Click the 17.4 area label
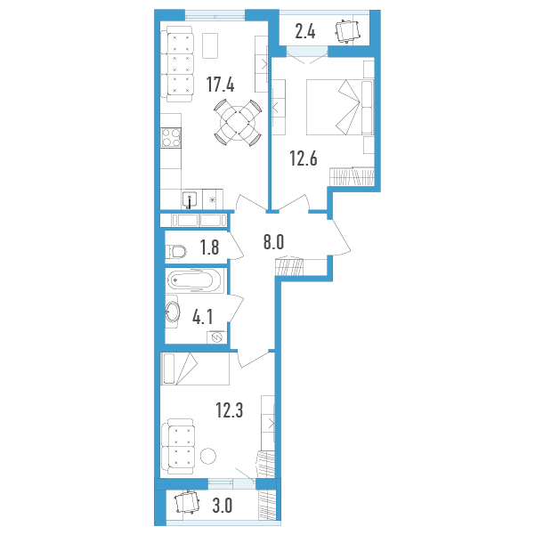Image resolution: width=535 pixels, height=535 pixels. [x=221, y=85]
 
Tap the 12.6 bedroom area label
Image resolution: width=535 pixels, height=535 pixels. [x=304, y=158]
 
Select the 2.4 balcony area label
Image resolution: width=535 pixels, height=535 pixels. [x=305, y=32]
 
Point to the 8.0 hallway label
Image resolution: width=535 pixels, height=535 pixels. [x=273, y=242]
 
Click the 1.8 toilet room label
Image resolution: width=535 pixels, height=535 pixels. [x=209, y=247]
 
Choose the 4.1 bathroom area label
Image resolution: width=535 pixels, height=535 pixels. [x=203, y=317]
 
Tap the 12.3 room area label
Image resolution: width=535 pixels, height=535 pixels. [x=230, y=410]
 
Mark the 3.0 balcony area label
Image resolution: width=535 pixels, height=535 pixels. [x=223, y=506]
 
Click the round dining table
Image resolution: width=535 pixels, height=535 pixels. [x=238, y=122]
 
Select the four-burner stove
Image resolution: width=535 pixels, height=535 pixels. [x=171, y=137]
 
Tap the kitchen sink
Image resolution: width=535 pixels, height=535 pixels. [x=190, y=200]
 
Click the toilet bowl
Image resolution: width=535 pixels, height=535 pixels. [x=176, y=252]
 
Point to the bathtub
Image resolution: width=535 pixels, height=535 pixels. [x=195, y=280]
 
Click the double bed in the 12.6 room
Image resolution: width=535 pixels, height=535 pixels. [x=340, y=107]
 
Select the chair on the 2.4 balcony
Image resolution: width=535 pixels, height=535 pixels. [x=347, y=31]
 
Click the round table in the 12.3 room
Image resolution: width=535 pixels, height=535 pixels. [x=208, y=456]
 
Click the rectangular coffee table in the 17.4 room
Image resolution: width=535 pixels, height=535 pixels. [x=210, y=45]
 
